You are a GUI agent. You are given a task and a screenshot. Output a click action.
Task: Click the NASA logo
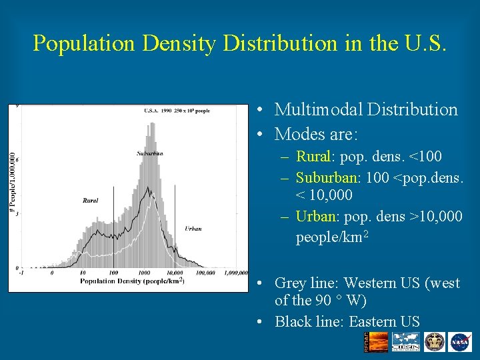tap(460, 341)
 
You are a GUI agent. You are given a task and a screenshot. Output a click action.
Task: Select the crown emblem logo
tap(434, 341)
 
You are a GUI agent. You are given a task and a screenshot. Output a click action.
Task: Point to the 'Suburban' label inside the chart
tap(150, 153)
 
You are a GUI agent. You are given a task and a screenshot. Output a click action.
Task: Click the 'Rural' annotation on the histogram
tap(90, 200)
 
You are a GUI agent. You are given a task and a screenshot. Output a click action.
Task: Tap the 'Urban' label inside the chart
tap(193, 229)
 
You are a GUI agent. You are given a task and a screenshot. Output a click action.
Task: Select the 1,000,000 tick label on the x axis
tap(237, 273)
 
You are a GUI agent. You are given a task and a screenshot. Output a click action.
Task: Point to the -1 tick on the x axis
tap(22, 273)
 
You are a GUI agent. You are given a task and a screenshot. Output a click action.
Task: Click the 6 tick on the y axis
tap(17, 159)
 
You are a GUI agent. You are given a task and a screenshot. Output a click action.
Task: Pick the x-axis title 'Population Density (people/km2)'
tap(132, 281)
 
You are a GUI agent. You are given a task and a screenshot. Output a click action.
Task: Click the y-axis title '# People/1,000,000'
tap(11, 181)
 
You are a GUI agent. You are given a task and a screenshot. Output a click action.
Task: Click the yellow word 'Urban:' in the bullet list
tap(315, 217)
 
